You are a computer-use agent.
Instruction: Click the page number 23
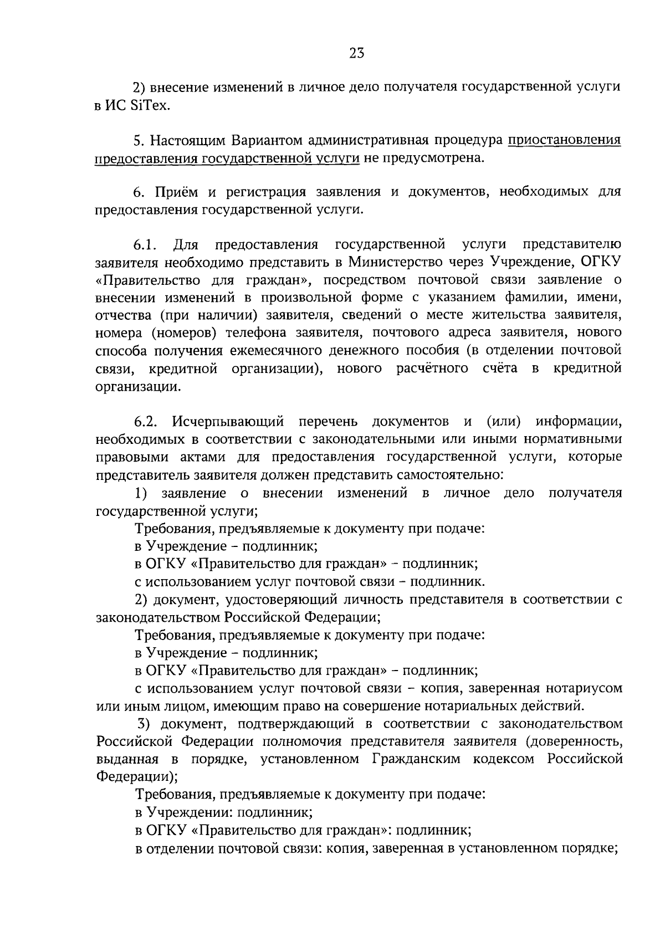click(356, 53)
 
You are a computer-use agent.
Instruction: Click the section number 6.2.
click(146, 422)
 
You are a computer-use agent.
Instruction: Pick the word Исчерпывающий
click(228, 422)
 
